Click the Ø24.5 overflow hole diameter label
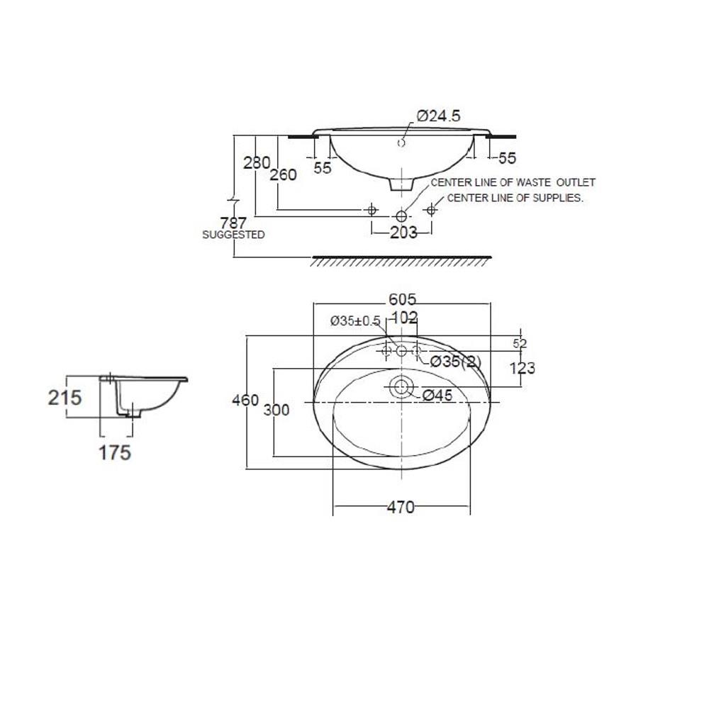[x=438, y=116]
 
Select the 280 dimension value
[x=257, y=163]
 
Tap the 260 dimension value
[x=283, y=174]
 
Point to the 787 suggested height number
[x=233, y=223]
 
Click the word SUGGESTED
[x=233, y=235]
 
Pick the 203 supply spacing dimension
[x=403, y=233]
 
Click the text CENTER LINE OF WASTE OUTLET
[x=513, y=182]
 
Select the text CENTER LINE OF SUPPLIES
[x=515, y=198]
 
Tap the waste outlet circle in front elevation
[x=401, y=216]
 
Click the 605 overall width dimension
[x=402, y=299]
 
